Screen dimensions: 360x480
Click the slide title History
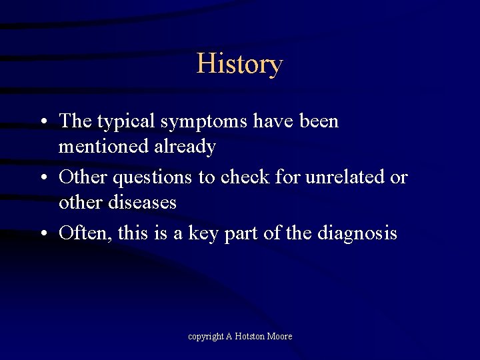(x=239, y=64)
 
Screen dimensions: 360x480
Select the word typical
(x=125, y=122)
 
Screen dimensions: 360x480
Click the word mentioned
(x=105, y=146)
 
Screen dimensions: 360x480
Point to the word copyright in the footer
(x=206, y=337)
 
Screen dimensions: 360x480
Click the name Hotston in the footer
(x=250, y=337)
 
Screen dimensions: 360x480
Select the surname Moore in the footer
(x=280, y=337)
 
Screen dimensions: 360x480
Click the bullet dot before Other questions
(x=42, y=178)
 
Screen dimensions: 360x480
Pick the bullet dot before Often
(x=42, y=233)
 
